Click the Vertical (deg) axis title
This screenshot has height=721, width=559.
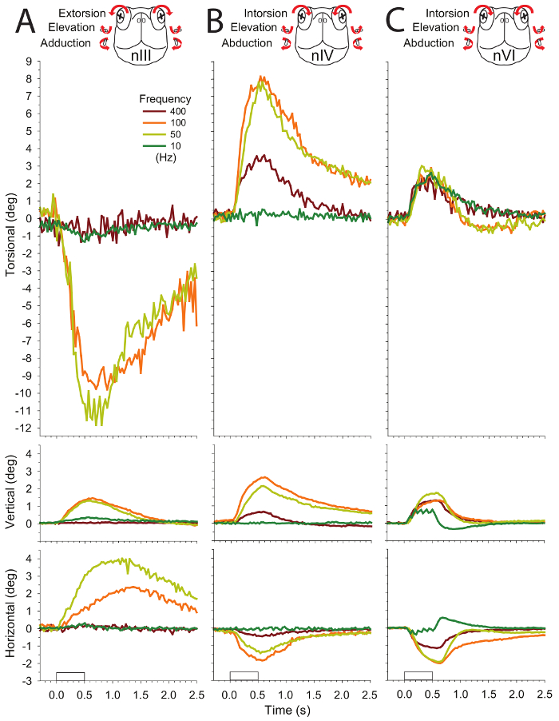point(10,488)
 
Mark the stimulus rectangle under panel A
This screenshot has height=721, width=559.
point(70,676)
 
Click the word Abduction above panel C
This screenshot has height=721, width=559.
point(430,43)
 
